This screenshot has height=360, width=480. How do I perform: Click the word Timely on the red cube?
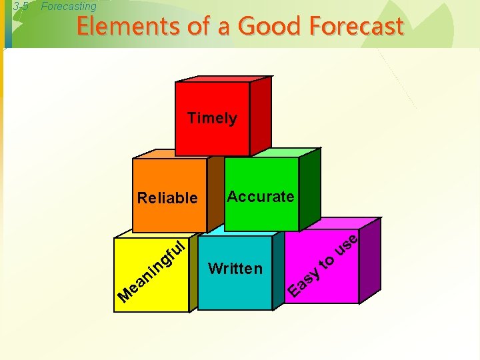[x=212, y=118]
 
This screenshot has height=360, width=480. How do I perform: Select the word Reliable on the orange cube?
[x=167, y=198]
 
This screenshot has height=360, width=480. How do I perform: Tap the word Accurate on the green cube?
[x=261, y=197]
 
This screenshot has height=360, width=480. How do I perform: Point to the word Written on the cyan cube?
[x=235, y=269]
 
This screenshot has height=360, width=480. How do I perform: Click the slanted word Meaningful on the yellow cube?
[x=151, y=270]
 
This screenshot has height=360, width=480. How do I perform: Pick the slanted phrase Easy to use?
[x=327, y=263]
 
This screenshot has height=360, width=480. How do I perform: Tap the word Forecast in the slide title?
[x=356, y=27]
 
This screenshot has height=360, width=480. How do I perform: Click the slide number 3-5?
[x=21, y=7]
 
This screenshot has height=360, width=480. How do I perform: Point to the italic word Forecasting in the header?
[x=69, y=7]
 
